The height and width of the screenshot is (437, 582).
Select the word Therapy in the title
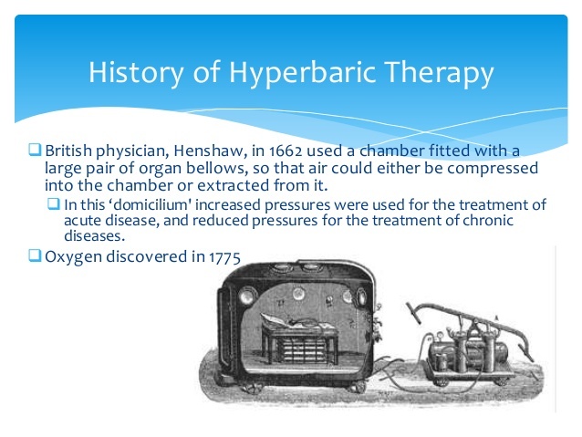pos(442,71)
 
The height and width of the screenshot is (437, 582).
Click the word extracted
pos(249,186)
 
